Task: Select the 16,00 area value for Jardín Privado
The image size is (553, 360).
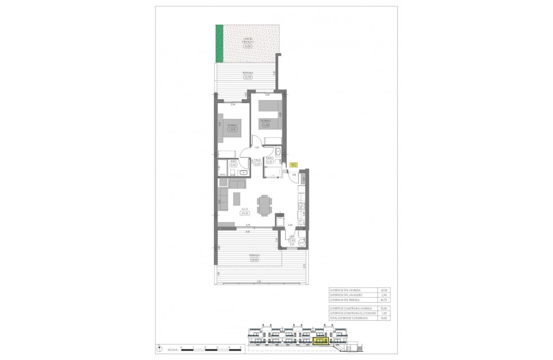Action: [x=247, y=47]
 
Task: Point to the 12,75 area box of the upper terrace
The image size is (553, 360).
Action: [x=247, y=77]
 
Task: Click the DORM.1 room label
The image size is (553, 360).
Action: [x=232, y=125]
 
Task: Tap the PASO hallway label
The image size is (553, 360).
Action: [x=258, y=160]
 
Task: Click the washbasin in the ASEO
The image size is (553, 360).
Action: [x=244, y=173]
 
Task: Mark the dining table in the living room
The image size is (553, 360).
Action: [x=264, y=206]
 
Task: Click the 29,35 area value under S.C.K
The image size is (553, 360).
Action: [x=245, y=213]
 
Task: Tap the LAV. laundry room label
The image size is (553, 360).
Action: [x=292, y=236]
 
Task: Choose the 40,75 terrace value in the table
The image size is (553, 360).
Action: [x=382, y=300]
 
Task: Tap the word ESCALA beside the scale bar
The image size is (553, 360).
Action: [x=168, y=349]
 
